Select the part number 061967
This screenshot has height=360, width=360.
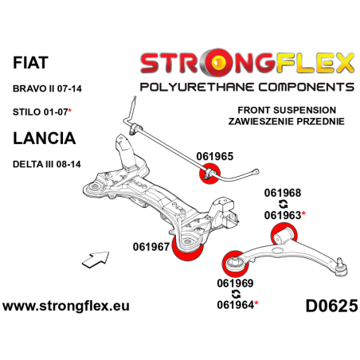pos(151,246)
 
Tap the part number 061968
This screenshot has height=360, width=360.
pos(283,192)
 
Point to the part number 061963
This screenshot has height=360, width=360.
pos(283,214)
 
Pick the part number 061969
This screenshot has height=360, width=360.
pos(236,282)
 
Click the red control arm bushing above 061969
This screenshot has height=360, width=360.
pos(237,262)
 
